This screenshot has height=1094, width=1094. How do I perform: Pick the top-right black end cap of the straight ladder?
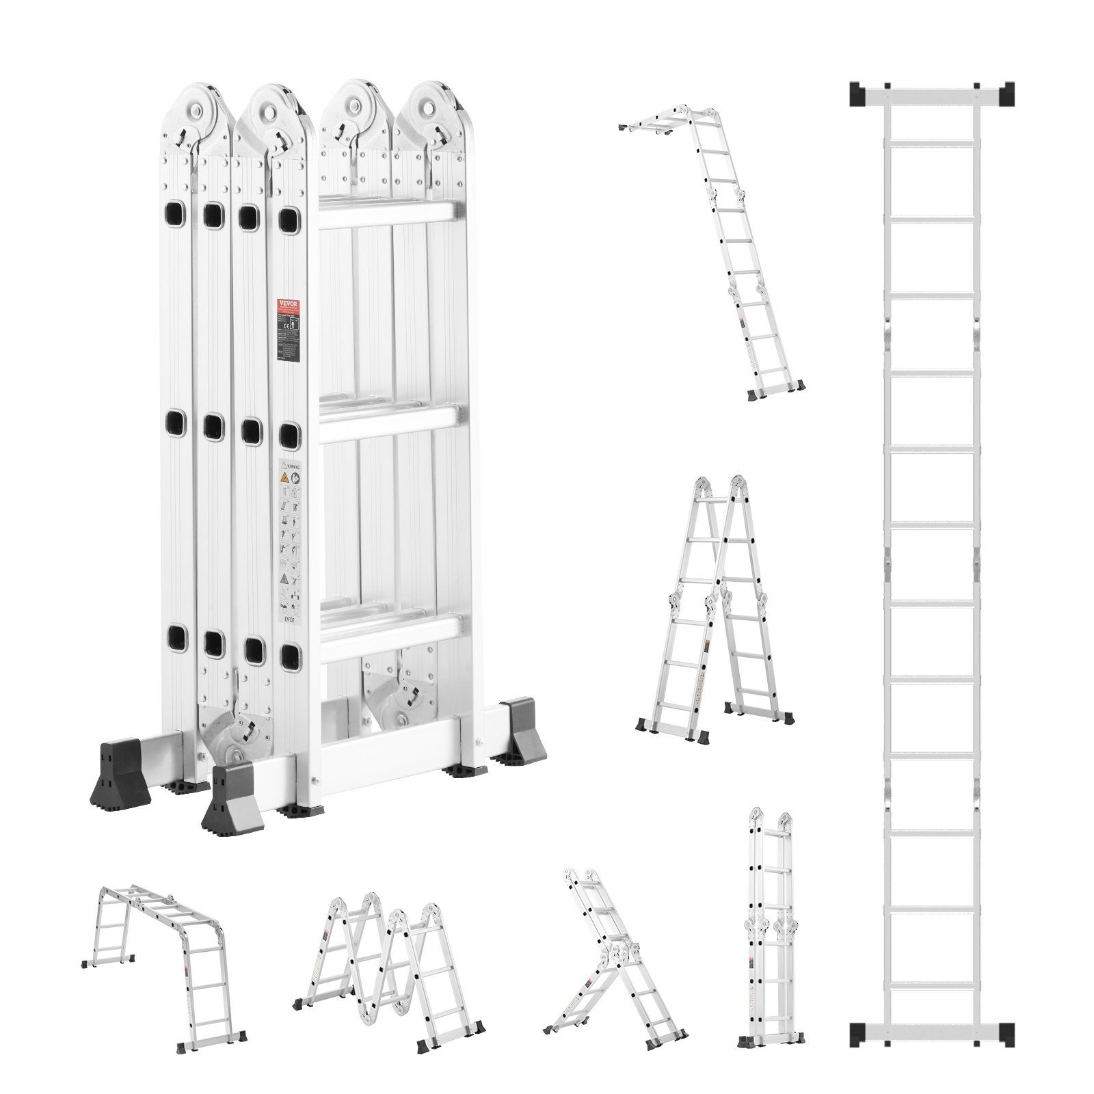coord(1004,94)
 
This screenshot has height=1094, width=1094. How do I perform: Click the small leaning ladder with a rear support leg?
coord(612,950)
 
